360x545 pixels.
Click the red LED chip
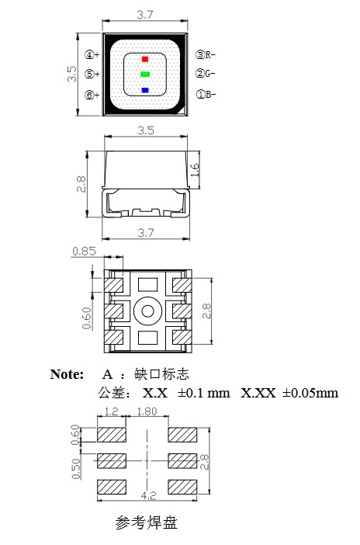144,59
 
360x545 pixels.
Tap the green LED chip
144,75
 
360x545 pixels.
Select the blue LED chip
144,91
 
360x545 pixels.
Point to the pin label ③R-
206,54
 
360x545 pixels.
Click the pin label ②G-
206,75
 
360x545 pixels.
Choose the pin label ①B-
206,95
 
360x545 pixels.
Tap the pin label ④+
92,54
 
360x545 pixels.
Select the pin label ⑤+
92,75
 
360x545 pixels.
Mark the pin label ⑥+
92,95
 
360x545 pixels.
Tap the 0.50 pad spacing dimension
75,469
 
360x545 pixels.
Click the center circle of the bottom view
145,312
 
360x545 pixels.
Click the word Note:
67,373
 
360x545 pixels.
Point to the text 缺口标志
162,373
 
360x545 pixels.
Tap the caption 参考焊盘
147,522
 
